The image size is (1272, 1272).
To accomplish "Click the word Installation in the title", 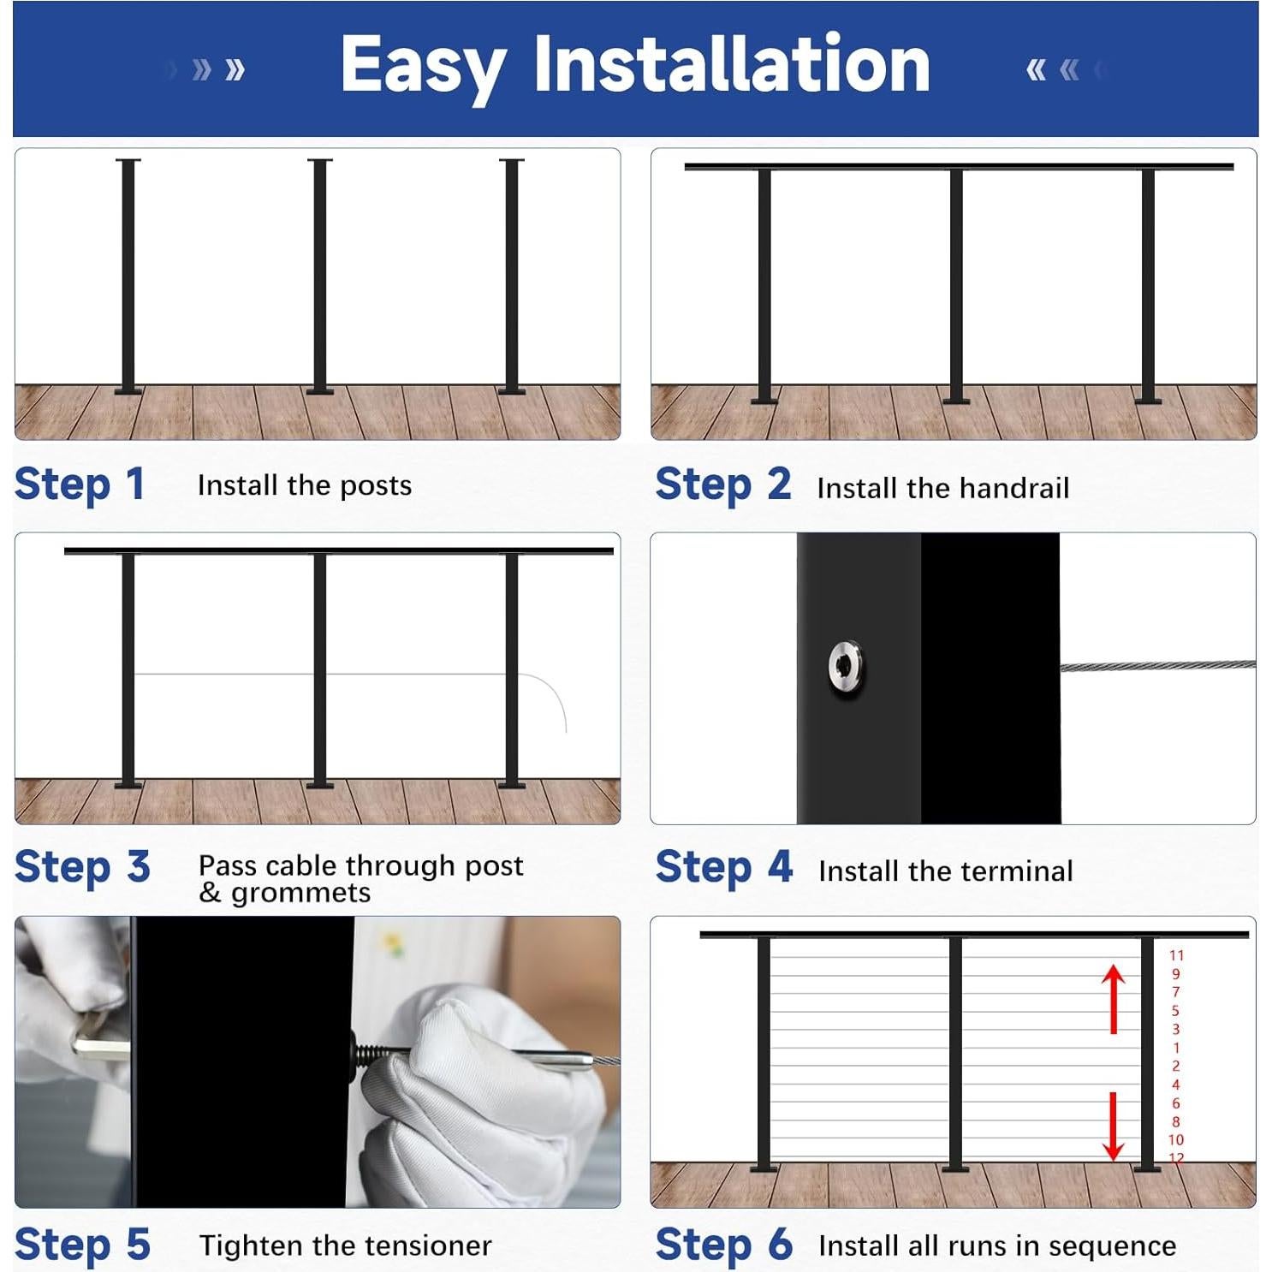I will tap(732, 64).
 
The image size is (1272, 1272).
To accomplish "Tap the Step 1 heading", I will tap(79, 484).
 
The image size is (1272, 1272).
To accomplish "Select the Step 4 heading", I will tap(723, 867).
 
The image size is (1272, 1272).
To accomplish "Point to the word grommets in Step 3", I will tap(300, 893).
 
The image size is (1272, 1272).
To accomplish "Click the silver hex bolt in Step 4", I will tap(846, 666).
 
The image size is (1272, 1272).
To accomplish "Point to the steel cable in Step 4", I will tap(1156, 665).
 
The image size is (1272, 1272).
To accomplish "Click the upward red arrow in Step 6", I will tap(1113, 997).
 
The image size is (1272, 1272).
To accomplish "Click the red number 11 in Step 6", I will tap(1176, 955).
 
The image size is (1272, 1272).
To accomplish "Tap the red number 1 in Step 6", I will tap(1176, 1048).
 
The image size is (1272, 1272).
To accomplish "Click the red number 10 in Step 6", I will tap(1175, 1140).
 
